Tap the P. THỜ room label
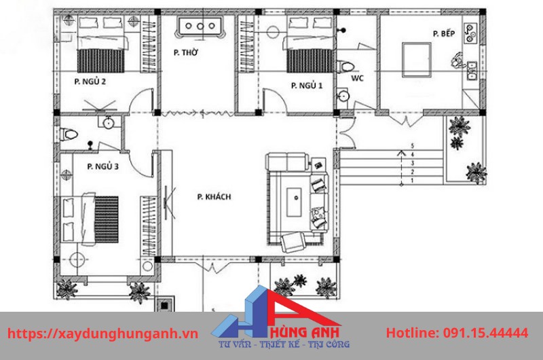click(x=185, y=52)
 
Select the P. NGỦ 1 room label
click(x=307, y=86)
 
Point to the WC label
click(x=357, y=78)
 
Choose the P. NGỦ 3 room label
click(x=103, y=166)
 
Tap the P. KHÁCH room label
click(x=214, y=197)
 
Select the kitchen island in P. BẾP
click(x=415, y=58)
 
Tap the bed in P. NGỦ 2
click(x=102, y=51)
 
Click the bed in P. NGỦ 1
click(x=309, y=53)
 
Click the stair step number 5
click(x=411, y=146)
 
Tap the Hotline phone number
click(x=457, y=334)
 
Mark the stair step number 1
click(x=411, y=180)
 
